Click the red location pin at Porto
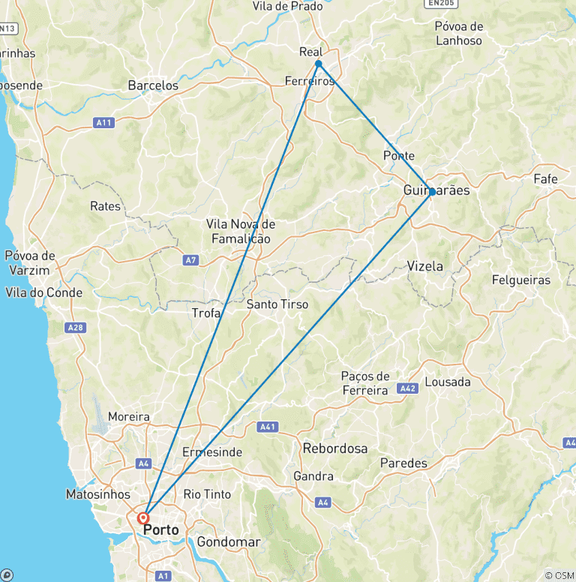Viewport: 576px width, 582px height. tap(142, 517)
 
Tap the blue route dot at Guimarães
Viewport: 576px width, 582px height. tap(433, 192)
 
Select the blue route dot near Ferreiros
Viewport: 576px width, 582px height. tap(319, 64)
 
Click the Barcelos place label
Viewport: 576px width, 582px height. tap(153, 85)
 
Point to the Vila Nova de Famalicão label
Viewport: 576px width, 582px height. tap(241, 231)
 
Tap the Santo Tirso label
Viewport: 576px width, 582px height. tap(277, 304)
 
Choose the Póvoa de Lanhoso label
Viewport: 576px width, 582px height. tap(458, 33)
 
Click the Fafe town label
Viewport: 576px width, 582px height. tap(545, 179)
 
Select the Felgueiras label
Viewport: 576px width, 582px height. tap(520, 280)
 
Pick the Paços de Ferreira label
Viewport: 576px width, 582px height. tap(365, 382)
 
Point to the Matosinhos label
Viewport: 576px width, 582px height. tap(97, 494)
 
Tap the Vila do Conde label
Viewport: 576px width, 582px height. tap(43, 292)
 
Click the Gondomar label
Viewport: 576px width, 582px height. tap(229, 541)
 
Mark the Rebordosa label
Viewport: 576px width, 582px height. tap(335, 448)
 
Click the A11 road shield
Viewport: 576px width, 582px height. tap(104, 122)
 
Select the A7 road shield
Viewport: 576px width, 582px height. tap(190, 260)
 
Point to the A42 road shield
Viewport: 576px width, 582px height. tap(408, 388)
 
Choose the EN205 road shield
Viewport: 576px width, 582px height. tap(442, 3)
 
